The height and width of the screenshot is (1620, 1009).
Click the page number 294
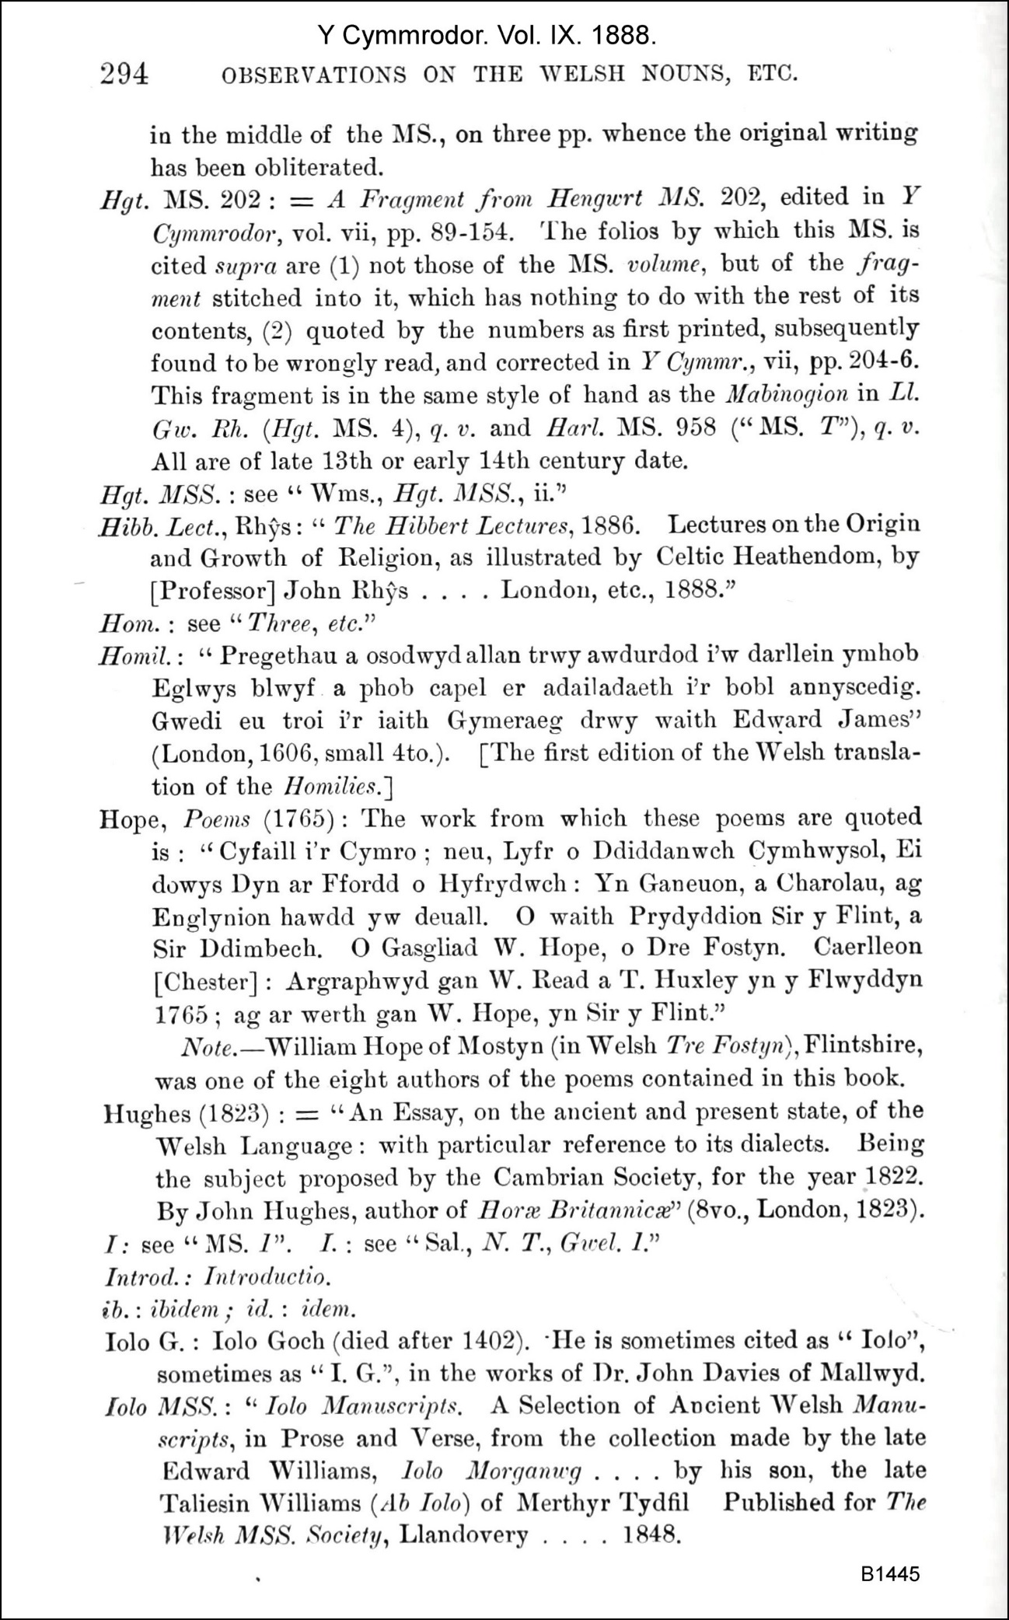(x=124, y=74)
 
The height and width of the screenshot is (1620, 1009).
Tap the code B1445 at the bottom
(x=890, y=1573)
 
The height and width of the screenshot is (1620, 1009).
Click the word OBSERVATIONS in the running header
(x=314, y=75)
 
